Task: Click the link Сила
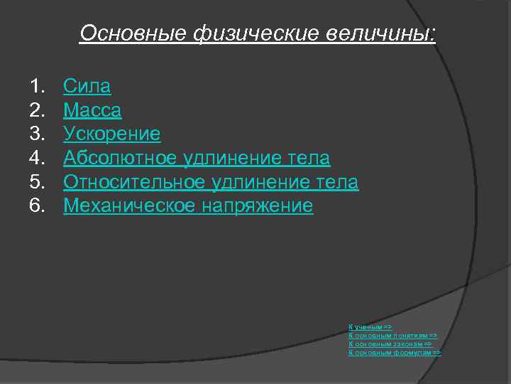(87, 87)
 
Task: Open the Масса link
(92, 111)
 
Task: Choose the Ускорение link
(111, 134)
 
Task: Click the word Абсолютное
(120, 158)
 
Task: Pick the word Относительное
(135, 182)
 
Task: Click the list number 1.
(36, 87)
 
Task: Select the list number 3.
(36, 134)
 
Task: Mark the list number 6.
(36, 206)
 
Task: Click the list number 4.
(36, 158)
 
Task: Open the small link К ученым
(366, 326)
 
